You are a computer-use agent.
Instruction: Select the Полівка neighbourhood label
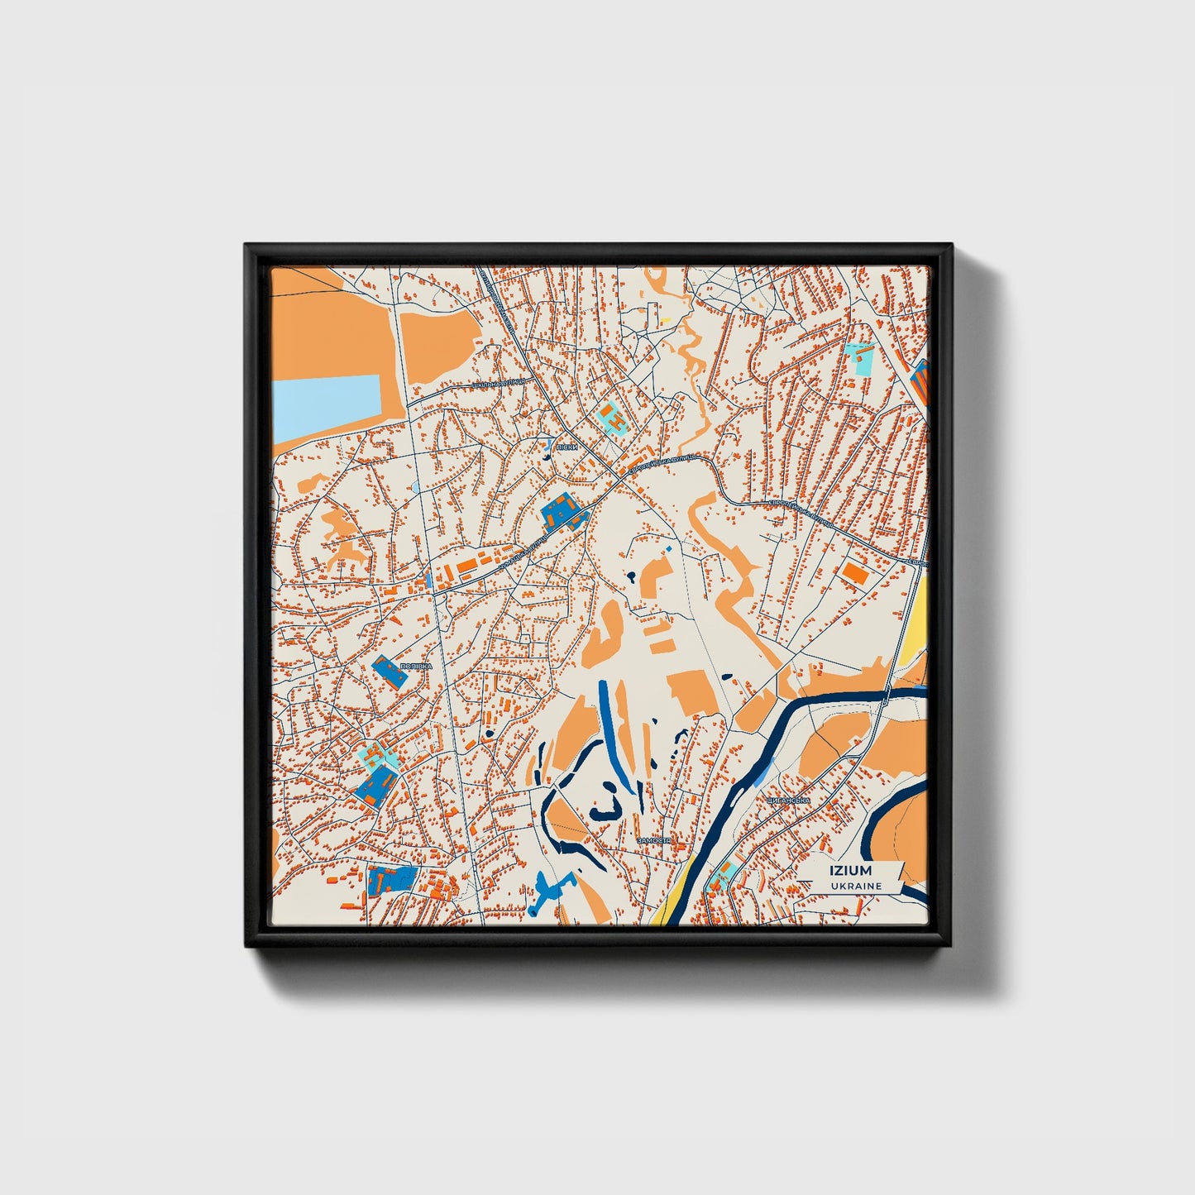point(415,666)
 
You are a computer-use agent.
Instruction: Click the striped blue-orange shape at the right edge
point(920,380)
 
